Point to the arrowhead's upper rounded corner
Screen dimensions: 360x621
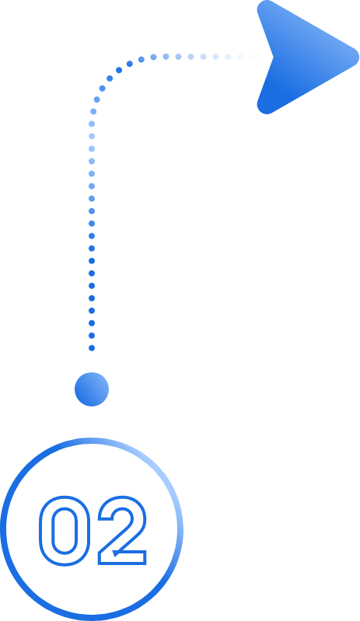click(x=266, y=7)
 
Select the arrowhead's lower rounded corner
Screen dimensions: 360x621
click(x=266, y=107)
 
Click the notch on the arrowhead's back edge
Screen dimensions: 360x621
click(x=273, y=57)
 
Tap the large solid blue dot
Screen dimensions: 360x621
click(x=92, y=389)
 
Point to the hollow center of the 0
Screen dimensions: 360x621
click(x=65, y=531)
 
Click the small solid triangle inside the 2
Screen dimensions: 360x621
click(x=116, y=553)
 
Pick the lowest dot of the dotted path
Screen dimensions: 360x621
click(x=92, y=348)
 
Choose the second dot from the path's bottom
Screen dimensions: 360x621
click(x=92, y=336)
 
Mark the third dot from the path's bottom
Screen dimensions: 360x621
click(x=92, y=323)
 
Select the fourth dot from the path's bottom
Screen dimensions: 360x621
click(x=92, y=311)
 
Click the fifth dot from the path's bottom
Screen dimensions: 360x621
click(x=92, y=298)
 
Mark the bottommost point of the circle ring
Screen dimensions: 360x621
click(x=92, y=618)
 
